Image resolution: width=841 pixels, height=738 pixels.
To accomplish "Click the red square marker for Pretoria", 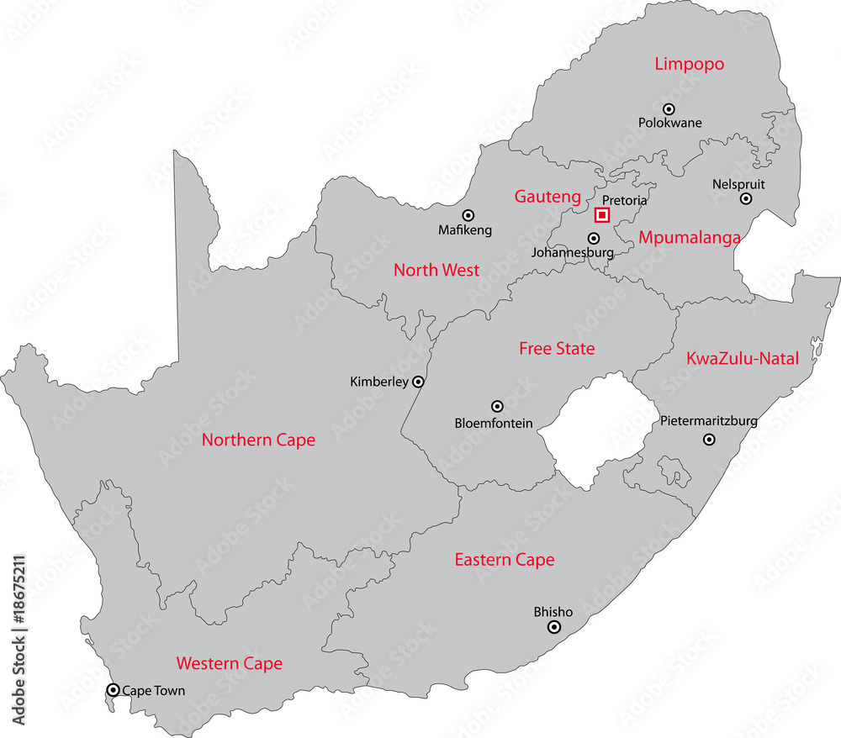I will click(x=602, y=215).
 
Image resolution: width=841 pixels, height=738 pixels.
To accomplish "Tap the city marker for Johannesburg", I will click(x=594, y=238).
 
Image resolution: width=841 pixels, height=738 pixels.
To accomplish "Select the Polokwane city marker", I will click(x=669, y=108).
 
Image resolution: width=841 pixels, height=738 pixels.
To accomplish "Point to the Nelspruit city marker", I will click(x=746, y=198).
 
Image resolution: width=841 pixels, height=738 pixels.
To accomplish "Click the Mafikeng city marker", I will click(x=468, y=214).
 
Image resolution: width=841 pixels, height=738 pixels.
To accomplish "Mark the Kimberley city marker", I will click(x=418, y=382).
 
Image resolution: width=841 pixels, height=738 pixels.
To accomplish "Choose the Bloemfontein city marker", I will click(x=497, y=406).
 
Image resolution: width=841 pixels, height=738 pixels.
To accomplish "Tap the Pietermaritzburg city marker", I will click(x=709, y=438).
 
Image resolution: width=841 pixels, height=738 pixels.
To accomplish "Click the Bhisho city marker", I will click(x=553, y=627).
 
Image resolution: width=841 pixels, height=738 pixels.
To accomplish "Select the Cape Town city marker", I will click(x=114, y=690).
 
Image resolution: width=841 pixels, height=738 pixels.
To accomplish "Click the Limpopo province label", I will click(x=690, y=64).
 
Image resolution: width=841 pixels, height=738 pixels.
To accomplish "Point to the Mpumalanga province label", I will click(x=690, y=238).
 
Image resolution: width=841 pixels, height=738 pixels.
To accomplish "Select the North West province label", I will click(x=436, y=270).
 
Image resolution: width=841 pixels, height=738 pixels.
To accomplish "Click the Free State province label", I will click(x=557, y=348).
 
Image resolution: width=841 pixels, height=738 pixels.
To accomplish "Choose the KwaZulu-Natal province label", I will click(x=743, y=358).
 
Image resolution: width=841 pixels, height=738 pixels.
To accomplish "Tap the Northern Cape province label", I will click(x=258, y=440).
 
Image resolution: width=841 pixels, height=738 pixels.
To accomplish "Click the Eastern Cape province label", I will click(x=505, y=560).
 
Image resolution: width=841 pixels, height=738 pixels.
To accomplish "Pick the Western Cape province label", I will click(x=229, y=663).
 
